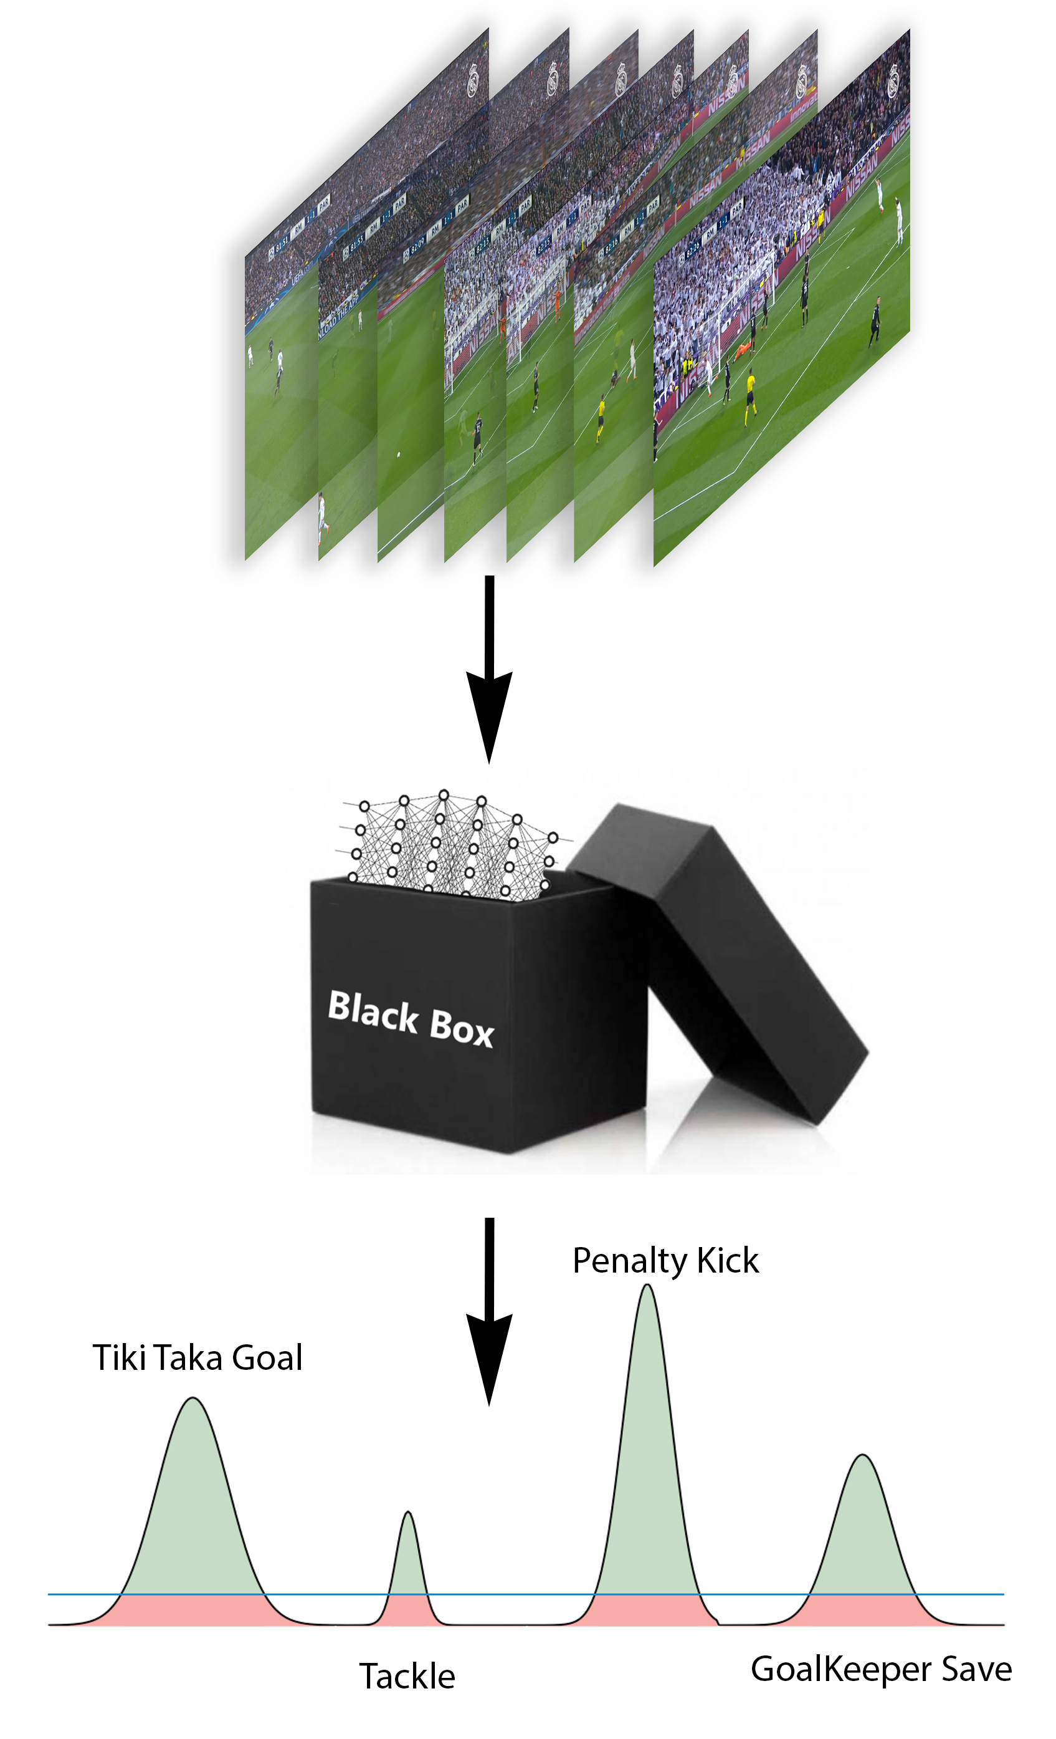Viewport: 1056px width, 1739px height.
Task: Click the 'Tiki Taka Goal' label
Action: click(x=197, y=1358)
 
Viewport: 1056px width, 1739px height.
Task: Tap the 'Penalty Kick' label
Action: click(x=665, y=1261)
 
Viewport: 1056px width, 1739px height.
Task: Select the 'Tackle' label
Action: click(x=407, y=1676)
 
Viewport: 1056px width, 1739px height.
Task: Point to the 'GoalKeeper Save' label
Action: click(x=880, y=1669)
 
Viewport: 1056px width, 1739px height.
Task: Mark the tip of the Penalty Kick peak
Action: click(x=647, y=1286)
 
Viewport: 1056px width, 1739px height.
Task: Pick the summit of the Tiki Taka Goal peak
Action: click(x=193, y=1399)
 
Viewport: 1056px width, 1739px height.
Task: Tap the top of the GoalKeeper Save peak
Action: click(x=862, y=1455)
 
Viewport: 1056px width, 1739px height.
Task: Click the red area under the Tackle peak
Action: click(x=407, y=1611)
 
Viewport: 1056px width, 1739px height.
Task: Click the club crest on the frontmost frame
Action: click(x=894, y=79)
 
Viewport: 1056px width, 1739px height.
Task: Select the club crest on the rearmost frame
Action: click(x=473, y=79)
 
